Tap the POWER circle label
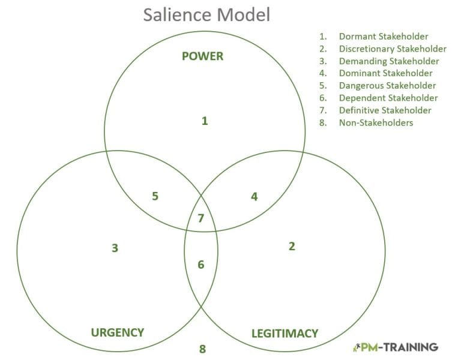click(x=202, y=56)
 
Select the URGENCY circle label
click(x=117, y=332)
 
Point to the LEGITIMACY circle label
click(x=284, y=333)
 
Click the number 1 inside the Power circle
click(x=204, y=121)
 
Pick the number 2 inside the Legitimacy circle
click(x=292, y=246)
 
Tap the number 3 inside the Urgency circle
click(x=115, y=248)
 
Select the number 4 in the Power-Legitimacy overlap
click(x=254, y=196)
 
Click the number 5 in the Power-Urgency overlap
click(x=155, y=196)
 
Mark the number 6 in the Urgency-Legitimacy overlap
click(x=201, y=264)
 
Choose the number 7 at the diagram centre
click(x=201, y=218)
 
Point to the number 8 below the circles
click(x=202, y=349)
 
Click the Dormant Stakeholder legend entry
click(x=383, y=37)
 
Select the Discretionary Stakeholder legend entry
click(x=393, y=49)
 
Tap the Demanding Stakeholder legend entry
click(x=388, y=61)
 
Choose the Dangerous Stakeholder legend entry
click(x=387, y=86)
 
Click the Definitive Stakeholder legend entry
click(x=385, y=110)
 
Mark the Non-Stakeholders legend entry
click(x=376, y=122)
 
